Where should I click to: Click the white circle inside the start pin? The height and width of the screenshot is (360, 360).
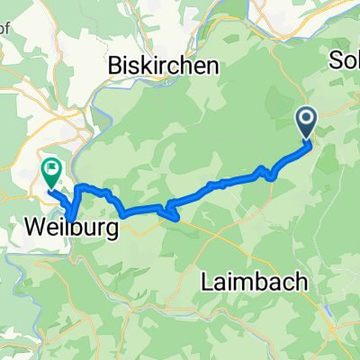(x=306, y=118)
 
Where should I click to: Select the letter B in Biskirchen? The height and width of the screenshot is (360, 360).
(x=114, y=66)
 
